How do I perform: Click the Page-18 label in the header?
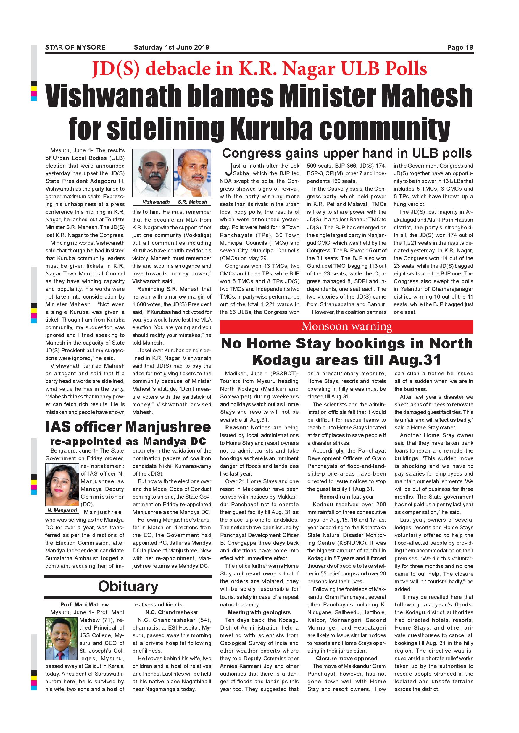coord(460,48)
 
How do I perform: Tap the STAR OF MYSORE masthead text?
coord(75,48)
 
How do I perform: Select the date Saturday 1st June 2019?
coord(171,48)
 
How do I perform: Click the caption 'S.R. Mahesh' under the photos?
coord(192,202)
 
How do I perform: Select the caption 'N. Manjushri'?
coord(62,510)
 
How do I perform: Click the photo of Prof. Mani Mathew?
coord(62,639)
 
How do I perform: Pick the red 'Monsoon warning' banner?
coord(346,326)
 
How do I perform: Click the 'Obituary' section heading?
coord(128,586)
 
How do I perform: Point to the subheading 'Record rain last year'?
coord(346,497)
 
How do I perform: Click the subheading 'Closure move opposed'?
coord(346,658)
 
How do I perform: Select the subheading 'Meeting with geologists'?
coord(259,612)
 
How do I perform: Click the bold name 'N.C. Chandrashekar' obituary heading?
coord(172,612)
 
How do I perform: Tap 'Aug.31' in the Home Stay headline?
coord(415,360)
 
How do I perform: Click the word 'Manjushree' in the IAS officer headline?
coord(168,427)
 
